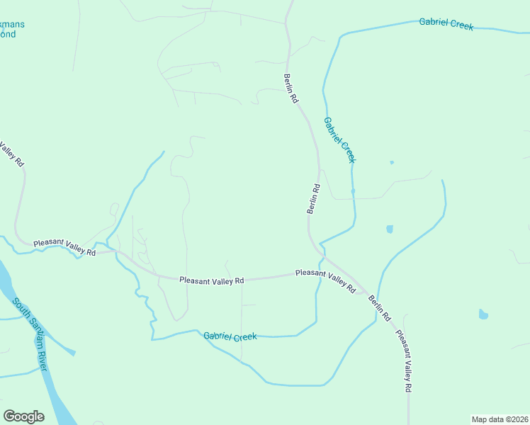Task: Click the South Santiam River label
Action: point(30,334)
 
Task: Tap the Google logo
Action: point(23,416)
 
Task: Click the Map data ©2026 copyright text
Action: point(500,419)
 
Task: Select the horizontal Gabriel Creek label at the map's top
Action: point(446,24)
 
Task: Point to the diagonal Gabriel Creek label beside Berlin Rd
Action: point(340,140)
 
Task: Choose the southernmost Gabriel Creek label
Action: point(230,336)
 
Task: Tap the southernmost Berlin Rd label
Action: point(379,308)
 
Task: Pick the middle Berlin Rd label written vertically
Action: point(313,199)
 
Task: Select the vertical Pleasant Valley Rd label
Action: point(404,362)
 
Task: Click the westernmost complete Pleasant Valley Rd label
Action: point(64,246)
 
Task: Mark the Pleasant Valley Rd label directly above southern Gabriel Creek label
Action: point(211,280)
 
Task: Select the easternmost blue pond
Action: point(483,314)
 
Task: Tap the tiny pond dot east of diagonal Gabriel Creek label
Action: point(392,162)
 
